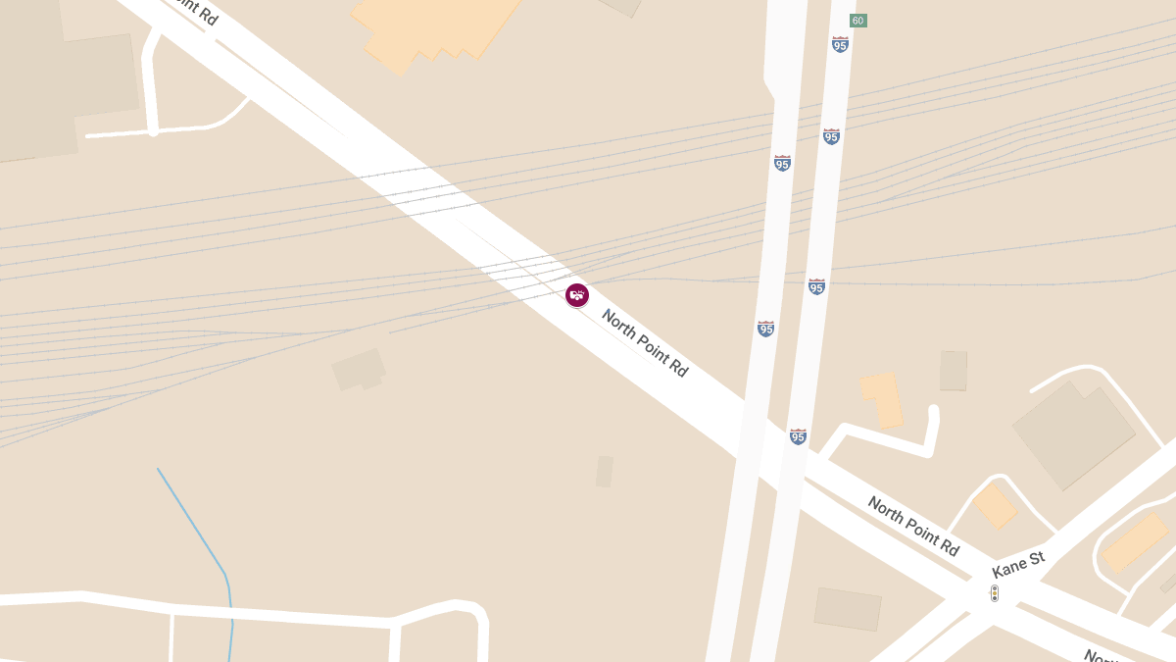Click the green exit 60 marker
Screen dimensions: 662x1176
[858, 21]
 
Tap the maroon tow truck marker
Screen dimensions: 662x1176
[577, 294]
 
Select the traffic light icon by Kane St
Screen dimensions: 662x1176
[994, 593]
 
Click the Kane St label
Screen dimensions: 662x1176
[1018, 565]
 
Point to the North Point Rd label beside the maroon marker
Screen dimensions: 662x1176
[645, 342]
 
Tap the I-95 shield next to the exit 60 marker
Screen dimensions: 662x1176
[840, 44]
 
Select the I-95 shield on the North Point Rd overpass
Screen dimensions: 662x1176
[799, 436]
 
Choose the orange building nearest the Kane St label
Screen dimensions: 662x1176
[996, 505]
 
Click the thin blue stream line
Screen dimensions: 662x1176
[196, 530]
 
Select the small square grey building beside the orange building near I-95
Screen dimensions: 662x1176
[954, 371]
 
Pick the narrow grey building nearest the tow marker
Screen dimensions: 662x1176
[605, 471]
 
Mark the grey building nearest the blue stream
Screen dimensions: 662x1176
[359, 370]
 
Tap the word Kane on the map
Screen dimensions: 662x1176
[1008, 569]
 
